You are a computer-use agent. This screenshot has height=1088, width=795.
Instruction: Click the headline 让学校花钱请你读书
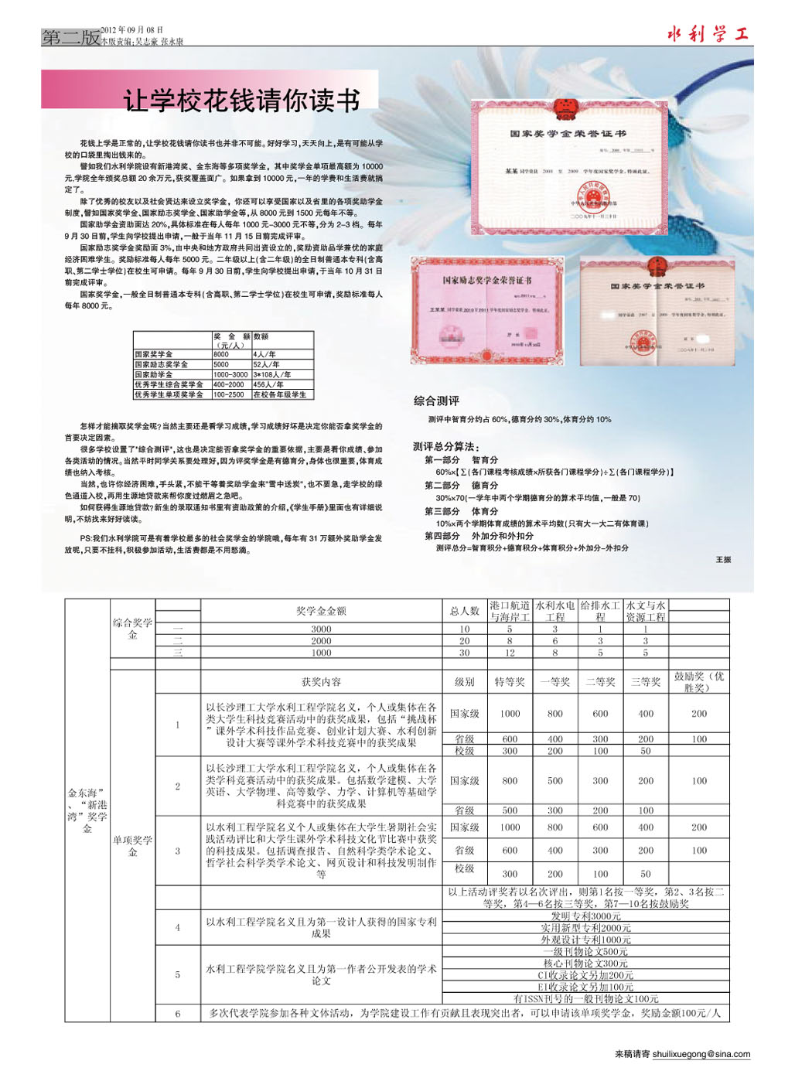tap(241, 101)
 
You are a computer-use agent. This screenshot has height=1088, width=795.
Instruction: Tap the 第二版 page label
tap(70, 37)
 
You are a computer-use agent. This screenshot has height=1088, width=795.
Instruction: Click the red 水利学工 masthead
tap(708, 34)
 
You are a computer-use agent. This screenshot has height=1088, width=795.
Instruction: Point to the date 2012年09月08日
tap(132, 30)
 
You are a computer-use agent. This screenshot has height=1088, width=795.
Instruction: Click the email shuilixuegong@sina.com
tap(701, 1054)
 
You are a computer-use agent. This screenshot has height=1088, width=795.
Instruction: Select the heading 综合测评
tap(436, 401)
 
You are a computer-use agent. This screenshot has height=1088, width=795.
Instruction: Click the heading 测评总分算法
tap(446, 447)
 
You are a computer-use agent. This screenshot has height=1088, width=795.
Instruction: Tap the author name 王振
tap(723, 559)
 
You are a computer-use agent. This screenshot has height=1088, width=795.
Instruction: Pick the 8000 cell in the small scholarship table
tap(222, 354)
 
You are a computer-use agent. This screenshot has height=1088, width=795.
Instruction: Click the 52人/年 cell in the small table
tap(266, 364)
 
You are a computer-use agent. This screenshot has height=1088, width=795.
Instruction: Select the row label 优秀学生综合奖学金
tap(169, 384)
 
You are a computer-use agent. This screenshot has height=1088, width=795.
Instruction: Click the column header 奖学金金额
tap(321, 611)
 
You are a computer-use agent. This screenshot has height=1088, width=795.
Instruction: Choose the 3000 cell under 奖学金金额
tap(321, 629)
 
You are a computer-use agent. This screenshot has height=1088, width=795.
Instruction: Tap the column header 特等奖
tap(510, 682)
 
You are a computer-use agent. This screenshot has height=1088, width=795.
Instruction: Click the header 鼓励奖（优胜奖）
tap(698, 682)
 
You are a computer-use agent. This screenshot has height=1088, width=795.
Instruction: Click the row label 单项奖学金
tap(132, 845)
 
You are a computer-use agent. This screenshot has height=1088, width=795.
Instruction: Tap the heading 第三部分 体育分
tap(461, 511)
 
